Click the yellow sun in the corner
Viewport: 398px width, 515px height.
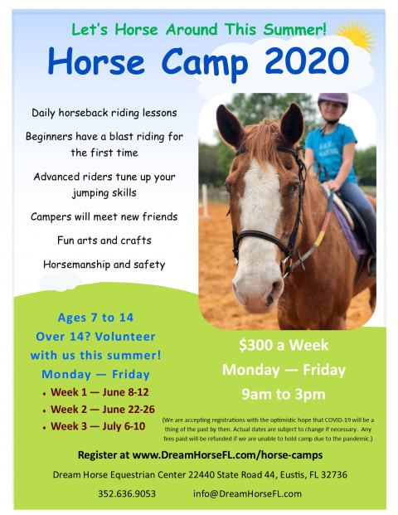pyautogui.click(x=356, y=35)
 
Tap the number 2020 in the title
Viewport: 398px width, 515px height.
pyautogui.click(x=307, y=61)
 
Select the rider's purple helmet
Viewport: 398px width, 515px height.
pyautogui.click(x=332, y=99)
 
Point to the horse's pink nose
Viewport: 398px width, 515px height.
pyautogui.click(x=258, y=292)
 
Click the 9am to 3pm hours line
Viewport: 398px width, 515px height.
pyautogui.click(x=284, y=395)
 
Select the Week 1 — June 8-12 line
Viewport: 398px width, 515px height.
pyautogui.click(x=99, y=392)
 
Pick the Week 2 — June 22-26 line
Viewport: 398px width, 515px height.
pyautogui.click(x=103, y=409)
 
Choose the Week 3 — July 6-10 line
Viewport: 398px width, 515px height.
pyautogui.click(x=98, y=426)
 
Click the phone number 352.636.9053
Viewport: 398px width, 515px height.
pyautogui.click(x=127, y=493)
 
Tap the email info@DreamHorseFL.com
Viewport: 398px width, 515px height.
pyautogui.click(x=247, y=493)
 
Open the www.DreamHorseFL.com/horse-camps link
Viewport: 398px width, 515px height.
pyautogui.click(x=227, y=455)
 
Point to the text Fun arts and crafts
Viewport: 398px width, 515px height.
pyautogui.click(x=104, y=240)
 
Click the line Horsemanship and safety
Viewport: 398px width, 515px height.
pyautogui.click(x=104, y=265)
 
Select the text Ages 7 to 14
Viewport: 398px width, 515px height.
pyautogui.click(x=95, y=318)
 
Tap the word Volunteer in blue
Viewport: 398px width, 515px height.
pyautogui.click(x=125, y=337)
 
